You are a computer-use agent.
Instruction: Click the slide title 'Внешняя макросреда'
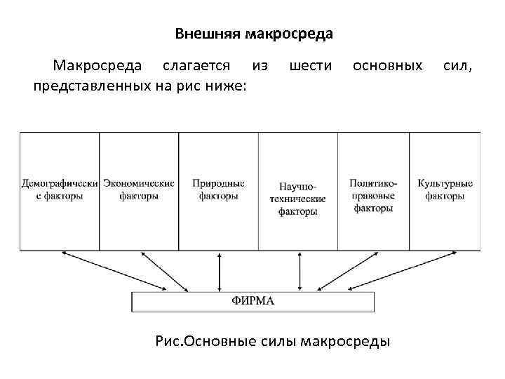pyautogui.click(x=253, y=34)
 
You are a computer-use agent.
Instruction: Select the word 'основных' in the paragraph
pyautogui.click(x=388, y=66)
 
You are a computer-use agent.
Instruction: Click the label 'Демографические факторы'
pyautogui.click(x=60, y=189)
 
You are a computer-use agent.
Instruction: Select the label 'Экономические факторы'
pyautogui.click(x=139, y=189)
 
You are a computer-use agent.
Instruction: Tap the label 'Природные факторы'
pyautogui.click(x=219, y=189)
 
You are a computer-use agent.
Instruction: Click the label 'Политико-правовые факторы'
pyautogui.click(x=373, y=196)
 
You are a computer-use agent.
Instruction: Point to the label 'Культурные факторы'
pyautogui.click(x=445, y=189)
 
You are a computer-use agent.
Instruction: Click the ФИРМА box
pyautogui.click(x=253, y=302)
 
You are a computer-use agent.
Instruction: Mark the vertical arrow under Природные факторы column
pyautogui.click(x=220, y=270)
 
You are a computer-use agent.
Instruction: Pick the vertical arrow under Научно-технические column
pyautogui.click(x=299, y=270)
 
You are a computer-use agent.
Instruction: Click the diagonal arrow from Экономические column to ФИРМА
pyautogui.click(x=158, y=270)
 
